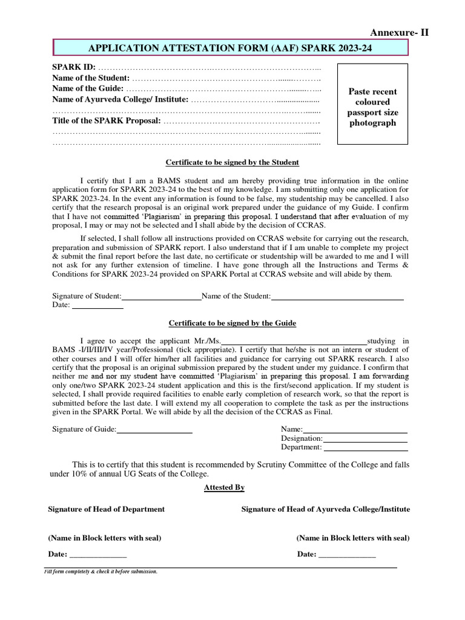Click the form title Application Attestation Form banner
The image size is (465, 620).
click(x=232, y=48)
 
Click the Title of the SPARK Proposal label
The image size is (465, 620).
click(x=107, y=121)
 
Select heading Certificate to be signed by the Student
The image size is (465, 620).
click(x=232, y=162)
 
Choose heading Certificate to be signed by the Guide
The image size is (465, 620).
click(x=232, y=323)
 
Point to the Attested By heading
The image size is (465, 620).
click(x=224, y=487)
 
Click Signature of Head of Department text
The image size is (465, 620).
click(x=106, y=509)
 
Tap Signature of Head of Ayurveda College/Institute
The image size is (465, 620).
click(x=325, y=509)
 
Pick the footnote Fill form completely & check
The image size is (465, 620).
click(x=101, y=572)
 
